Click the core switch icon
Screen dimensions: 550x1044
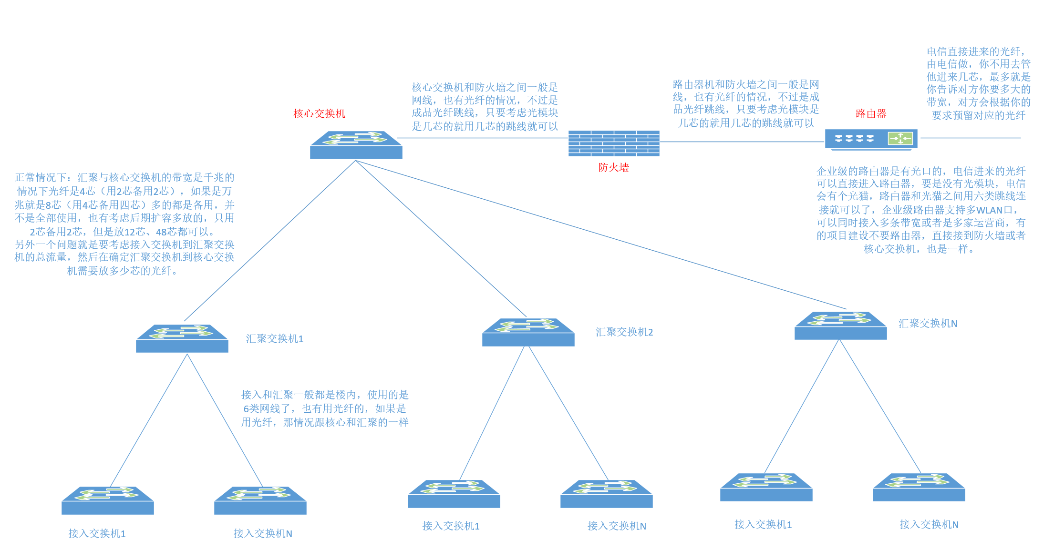pyautogui.click(x=356, y=145)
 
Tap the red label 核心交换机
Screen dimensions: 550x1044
pyautogui.click(x=319, y=113)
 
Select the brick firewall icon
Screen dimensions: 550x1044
pyautogui.click(x=614, y=143)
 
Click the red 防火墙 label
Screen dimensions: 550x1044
pyautogui.click(x=613, y=167)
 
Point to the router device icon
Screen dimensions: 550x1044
pyautogui.click(x=871, y=139)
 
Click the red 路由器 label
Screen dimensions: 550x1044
pyautogui.click(x=871, y=113)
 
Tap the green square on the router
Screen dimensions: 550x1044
pyautogui.click(x=899, y=139)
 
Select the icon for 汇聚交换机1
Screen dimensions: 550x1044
pyautogui.click(x=182, y=338)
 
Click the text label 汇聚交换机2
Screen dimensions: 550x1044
pyautogui.click(x=624, y=332)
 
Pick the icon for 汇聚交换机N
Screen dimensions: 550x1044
pyautogui.click(x=840, y=326)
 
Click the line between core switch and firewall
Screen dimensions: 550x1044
pyautogui.click(x=482, y=138)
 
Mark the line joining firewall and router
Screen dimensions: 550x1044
pyautogui.click(x=742, y=142)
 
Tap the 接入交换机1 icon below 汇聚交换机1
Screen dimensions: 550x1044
pyautogui.click(x=108, y=500)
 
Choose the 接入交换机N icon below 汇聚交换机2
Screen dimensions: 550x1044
pyautogui.click(x=606, y=494)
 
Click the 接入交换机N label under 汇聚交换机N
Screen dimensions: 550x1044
pyautogui.click(x=929, y=525)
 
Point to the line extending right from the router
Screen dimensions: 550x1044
pyautogui.click(x=971, y=138)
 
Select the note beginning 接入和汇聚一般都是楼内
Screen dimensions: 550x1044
pyautogui.click(x=325, y=408)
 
